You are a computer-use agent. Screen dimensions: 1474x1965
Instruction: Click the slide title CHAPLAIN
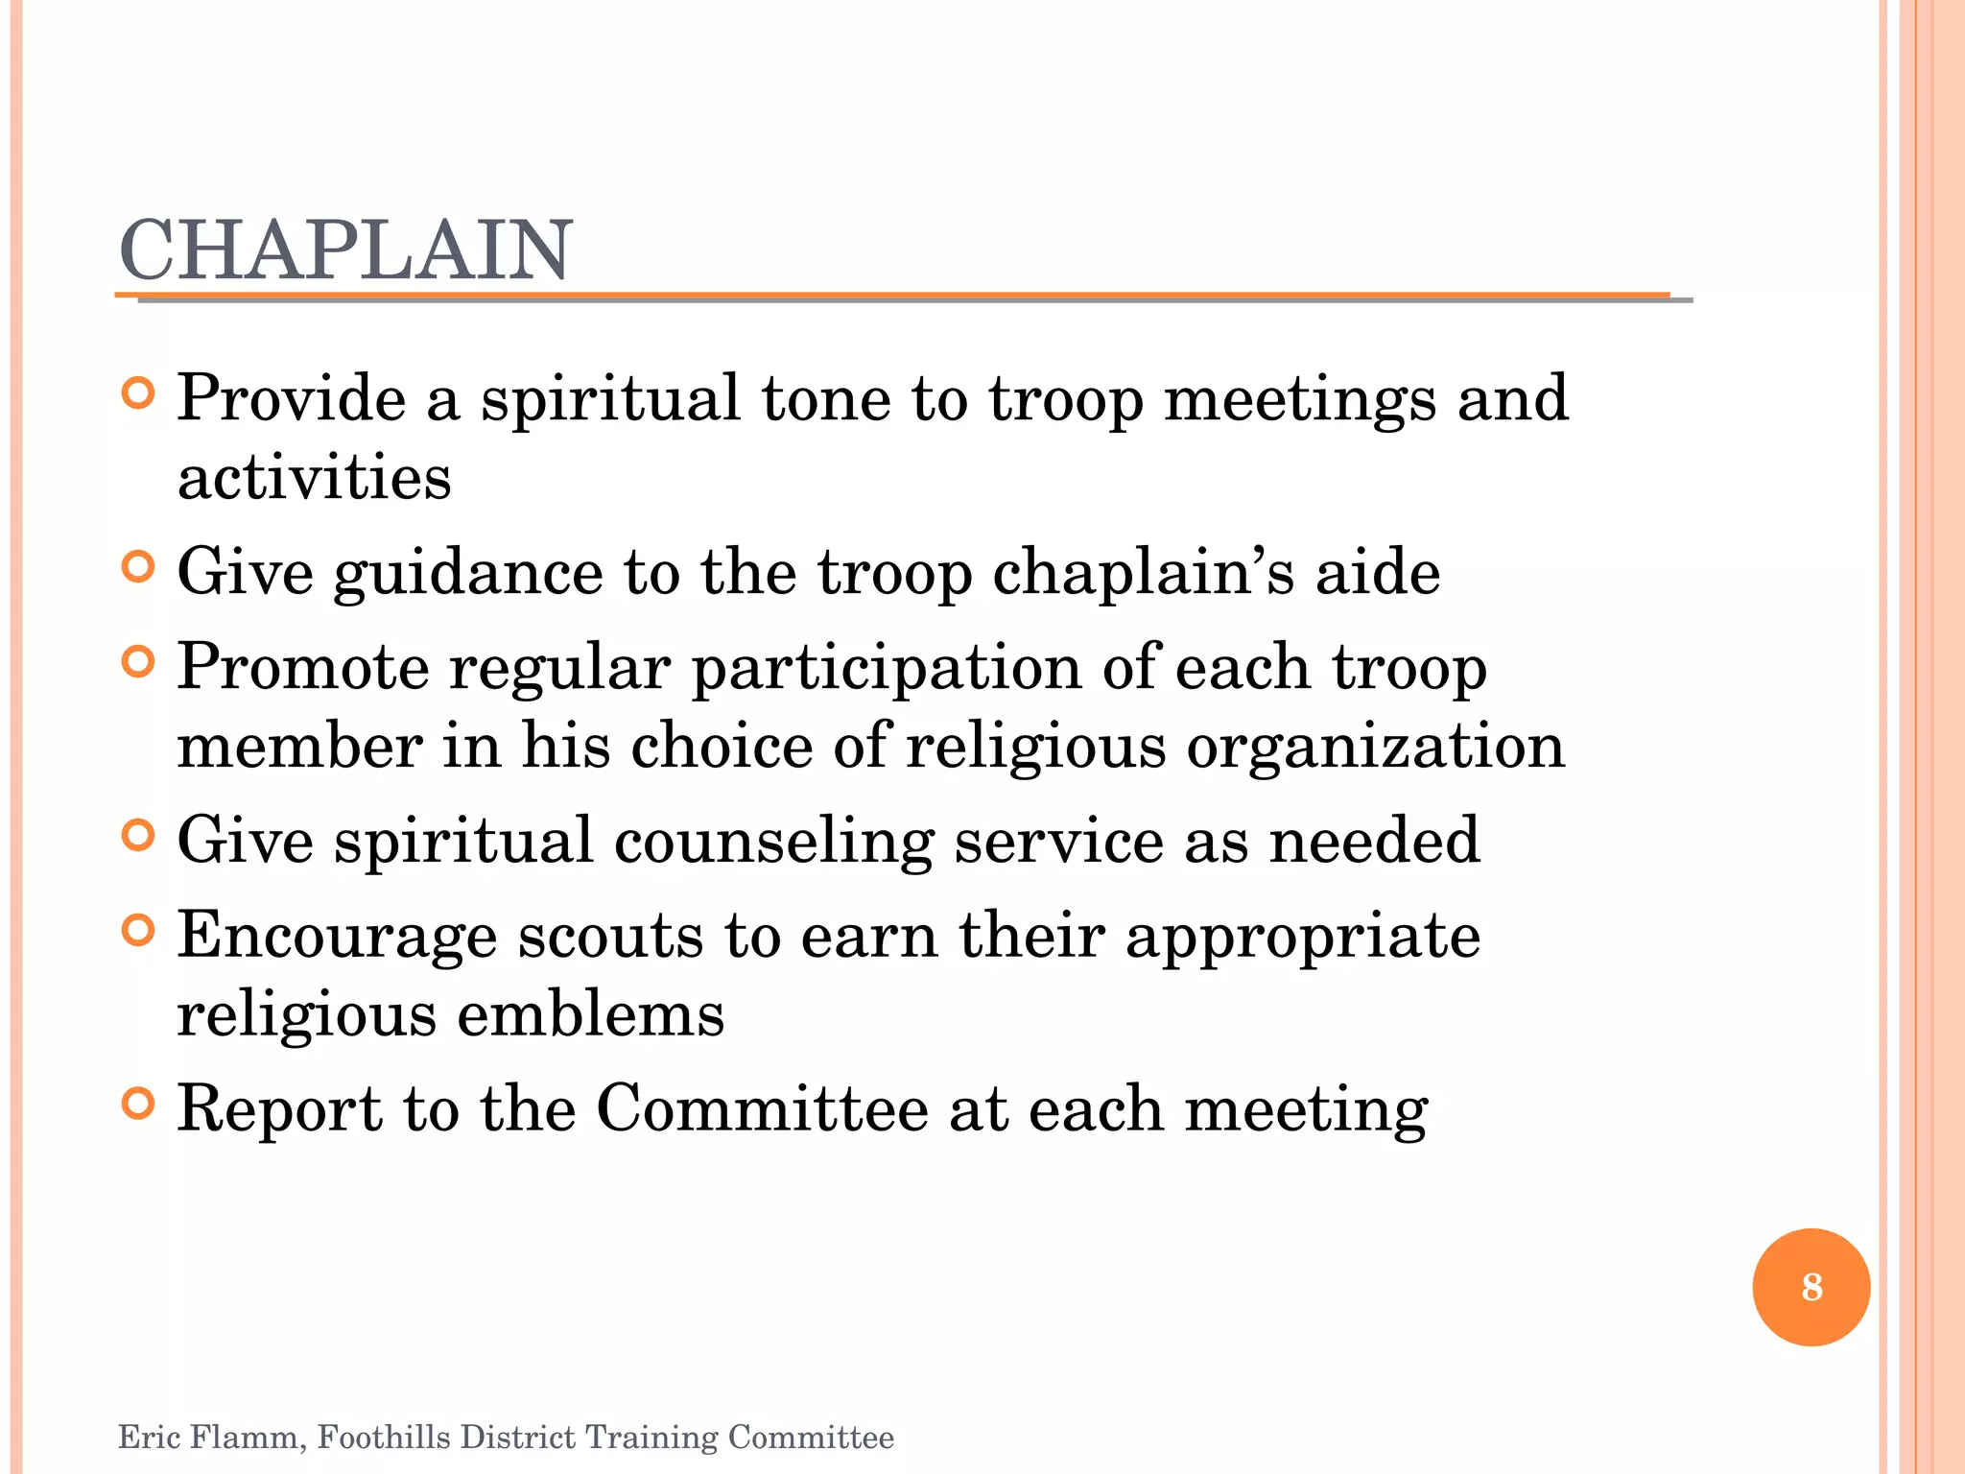point(345,250)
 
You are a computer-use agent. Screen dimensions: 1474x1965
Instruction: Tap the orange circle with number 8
point(1811,1287)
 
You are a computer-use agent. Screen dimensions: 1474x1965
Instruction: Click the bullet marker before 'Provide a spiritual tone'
point(139,393)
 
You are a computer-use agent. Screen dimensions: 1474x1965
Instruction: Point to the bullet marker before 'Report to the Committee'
point(139,1105)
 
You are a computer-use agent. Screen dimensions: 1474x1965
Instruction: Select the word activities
point(314,477)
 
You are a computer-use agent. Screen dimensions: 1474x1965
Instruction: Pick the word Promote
point(303,667)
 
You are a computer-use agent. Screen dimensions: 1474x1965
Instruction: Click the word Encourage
point(337,938)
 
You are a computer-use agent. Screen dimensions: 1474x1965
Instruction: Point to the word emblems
point(590,1015)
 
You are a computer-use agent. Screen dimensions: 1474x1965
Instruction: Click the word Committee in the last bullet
point(762,1109)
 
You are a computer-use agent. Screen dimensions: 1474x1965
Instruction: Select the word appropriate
point(1302,938)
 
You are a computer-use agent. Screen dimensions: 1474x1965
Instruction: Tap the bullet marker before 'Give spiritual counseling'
point(139,836)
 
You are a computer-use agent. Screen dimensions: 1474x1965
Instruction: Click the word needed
point(1374,841)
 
